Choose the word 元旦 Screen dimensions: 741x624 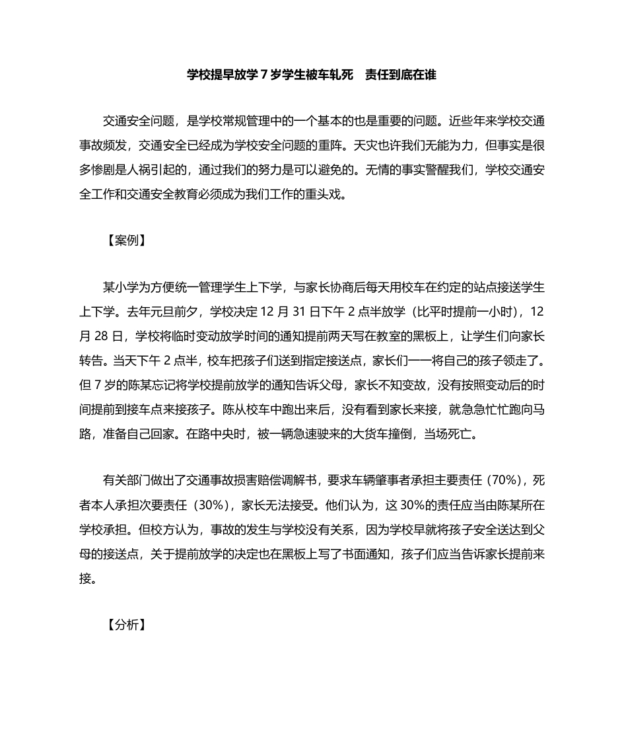164,311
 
